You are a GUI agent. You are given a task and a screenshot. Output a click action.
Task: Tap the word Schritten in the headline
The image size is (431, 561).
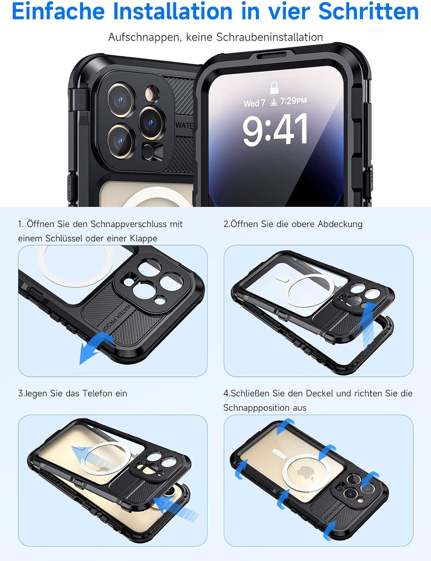point(368,11)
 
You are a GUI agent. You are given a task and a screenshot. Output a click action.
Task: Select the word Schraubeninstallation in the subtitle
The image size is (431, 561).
point(269,37)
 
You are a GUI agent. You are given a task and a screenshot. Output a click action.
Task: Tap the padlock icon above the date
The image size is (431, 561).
point(274,87)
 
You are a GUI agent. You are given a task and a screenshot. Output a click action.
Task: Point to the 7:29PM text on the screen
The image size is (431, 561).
point(293,101)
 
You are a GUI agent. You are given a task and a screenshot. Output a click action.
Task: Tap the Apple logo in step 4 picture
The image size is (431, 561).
point(305,473)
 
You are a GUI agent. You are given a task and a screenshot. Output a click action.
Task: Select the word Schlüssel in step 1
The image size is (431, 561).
point(64,238)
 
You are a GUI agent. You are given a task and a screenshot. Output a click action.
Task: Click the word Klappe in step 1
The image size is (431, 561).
point(143,238)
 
